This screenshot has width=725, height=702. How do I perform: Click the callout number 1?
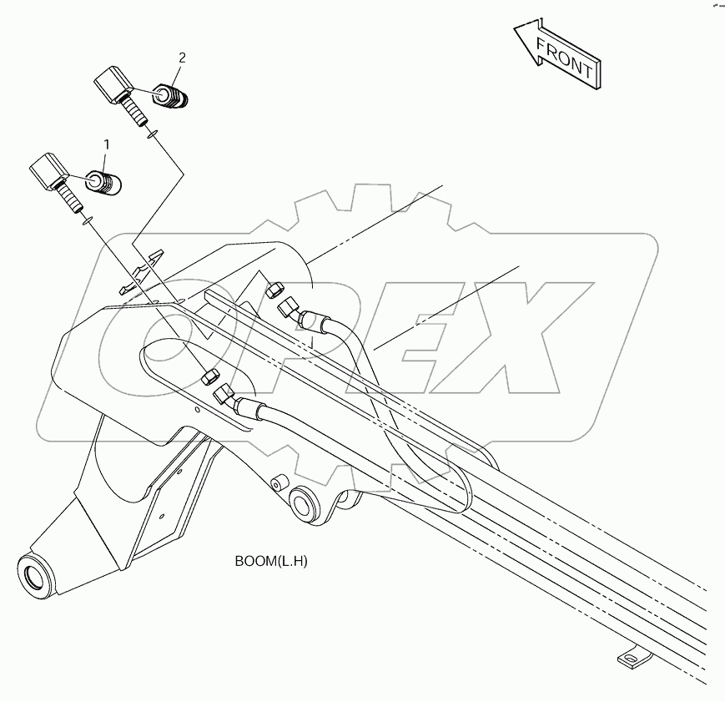106,145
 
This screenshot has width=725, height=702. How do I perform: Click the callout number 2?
182,58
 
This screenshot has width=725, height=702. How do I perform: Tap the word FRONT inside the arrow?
565,59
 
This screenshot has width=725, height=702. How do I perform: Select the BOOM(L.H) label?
270,561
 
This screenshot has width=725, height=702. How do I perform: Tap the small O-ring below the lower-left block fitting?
86,221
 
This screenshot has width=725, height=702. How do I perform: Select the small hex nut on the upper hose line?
274,290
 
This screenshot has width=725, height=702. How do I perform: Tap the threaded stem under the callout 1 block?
70,199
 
